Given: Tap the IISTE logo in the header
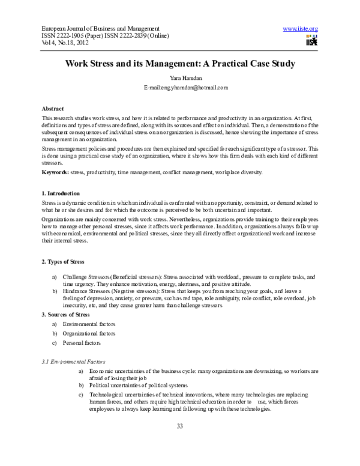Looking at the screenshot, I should tap(311, 40).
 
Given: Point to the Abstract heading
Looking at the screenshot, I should tap(53, 108).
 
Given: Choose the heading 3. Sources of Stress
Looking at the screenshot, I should tap(66, 315).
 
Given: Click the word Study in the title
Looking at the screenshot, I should tap(281, 63).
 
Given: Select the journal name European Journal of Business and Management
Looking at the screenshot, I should tap(100, 29).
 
